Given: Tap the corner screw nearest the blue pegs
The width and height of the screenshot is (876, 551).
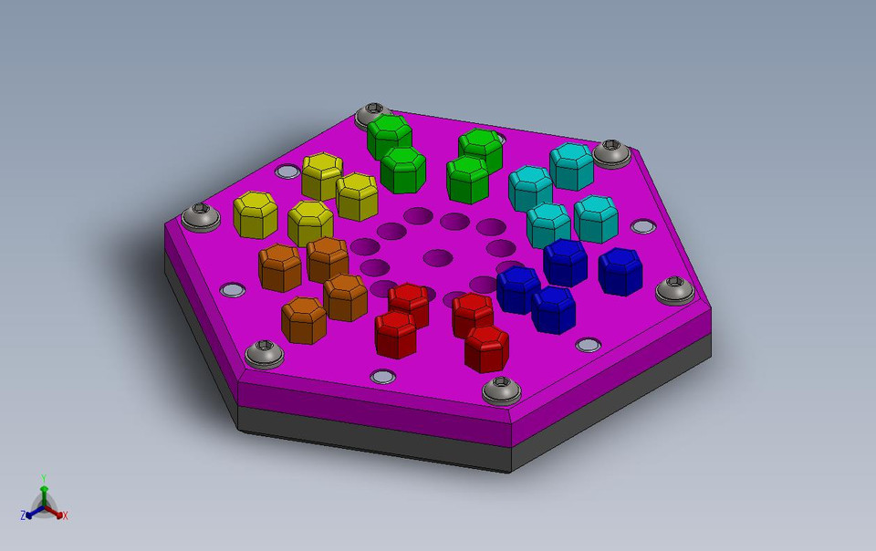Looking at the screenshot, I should coord(677,290).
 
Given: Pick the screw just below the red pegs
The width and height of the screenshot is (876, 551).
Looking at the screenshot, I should coord(501,390).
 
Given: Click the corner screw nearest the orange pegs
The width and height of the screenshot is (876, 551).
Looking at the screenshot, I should coord(265,352).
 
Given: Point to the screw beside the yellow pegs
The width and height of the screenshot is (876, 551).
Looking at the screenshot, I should coord(200,217).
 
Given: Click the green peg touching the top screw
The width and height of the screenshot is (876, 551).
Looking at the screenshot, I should coord(389,134).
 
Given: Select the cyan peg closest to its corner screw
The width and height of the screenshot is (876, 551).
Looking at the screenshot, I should coord(572,165).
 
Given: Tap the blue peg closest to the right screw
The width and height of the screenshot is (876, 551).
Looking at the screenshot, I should coord(620,270).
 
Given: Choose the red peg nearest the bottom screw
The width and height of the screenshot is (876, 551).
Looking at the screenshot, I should coord(486,348).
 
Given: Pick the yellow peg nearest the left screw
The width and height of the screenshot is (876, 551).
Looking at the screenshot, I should coord(255,213).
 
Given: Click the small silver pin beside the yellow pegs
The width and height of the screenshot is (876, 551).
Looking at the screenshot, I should coord(287,172).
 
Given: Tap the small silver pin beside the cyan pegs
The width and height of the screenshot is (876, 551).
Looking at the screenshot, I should coord(642,225).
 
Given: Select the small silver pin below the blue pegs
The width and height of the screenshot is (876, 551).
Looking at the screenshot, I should coord(589,345).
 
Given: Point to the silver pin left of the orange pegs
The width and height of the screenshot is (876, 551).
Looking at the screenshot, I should coord(233,290).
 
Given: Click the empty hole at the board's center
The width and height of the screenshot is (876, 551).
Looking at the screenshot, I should coord(438,257).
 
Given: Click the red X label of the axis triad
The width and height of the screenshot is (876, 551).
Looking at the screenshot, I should coord(66,516).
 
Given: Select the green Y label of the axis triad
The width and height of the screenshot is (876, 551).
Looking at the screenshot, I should coord(44,478).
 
